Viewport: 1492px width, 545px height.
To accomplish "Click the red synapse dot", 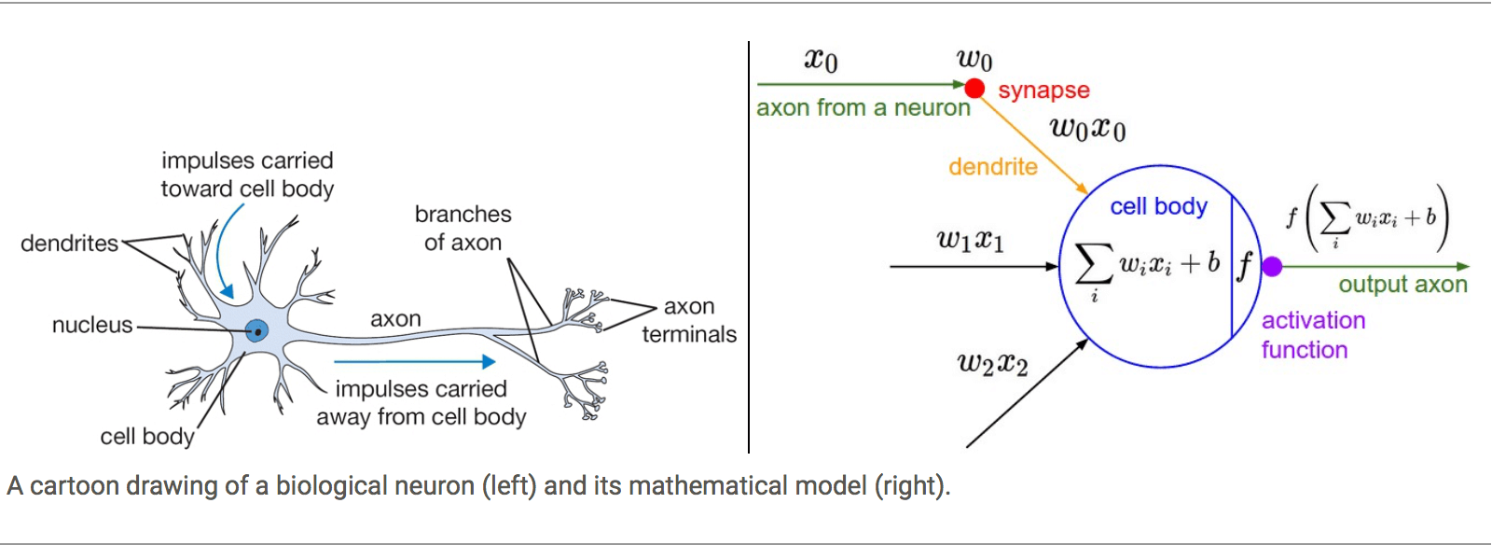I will pos(974,89).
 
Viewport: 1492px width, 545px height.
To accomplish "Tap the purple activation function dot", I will pos(1272,267).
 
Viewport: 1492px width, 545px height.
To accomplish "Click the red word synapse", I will pos(1043,91).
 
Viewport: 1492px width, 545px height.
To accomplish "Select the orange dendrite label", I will pos(992,167).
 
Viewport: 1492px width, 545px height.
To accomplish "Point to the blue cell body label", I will pos(1158,206).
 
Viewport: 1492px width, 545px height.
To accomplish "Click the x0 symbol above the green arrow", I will pos(821,61).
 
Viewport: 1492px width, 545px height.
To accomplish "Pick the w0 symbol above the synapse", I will pos(974,61).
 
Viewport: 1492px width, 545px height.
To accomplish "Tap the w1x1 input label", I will pos(970,241).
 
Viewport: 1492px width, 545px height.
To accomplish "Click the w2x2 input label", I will pos(992,363).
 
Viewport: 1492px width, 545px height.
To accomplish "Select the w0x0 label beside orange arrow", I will pos(1087,128).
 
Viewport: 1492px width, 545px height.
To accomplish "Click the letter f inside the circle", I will pos(1244,266).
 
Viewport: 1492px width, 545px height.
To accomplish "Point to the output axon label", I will pos(1402,285).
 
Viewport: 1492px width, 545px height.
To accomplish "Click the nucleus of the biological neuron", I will pos(256,330).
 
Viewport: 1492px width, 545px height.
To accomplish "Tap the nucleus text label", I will pos(92,326).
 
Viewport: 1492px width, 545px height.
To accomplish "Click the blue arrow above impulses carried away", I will pos(414,361).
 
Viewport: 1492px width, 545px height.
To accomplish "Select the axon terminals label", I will pos(689,320).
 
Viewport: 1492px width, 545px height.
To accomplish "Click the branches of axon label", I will pos(463,229).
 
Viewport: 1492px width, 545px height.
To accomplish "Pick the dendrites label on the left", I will pos(69,244).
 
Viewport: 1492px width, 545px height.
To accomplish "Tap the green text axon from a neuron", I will pos(863,108).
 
